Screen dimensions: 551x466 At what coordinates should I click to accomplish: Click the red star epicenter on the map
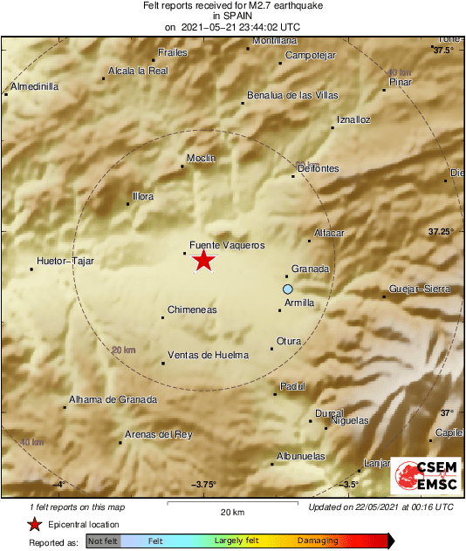[203, 260]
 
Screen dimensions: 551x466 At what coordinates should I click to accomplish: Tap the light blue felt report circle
[288, 289]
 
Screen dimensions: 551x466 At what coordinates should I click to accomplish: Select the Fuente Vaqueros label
[227, 246]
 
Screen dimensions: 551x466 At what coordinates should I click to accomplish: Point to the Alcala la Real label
[138, 71]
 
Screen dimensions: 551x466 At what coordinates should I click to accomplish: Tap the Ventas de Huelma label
[208, 355]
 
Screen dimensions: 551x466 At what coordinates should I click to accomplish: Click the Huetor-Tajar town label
[65, 261]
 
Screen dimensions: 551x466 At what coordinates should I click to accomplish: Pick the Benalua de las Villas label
[293, 95]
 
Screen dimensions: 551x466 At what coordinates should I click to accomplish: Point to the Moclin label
[201, 158]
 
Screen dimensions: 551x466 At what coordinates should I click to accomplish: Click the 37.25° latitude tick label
[441, 231]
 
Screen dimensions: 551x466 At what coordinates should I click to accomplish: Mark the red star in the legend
[34, 524]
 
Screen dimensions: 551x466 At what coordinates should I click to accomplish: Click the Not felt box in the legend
[103, 541]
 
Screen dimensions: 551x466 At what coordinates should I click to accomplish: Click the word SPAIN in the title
[232, 16]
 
